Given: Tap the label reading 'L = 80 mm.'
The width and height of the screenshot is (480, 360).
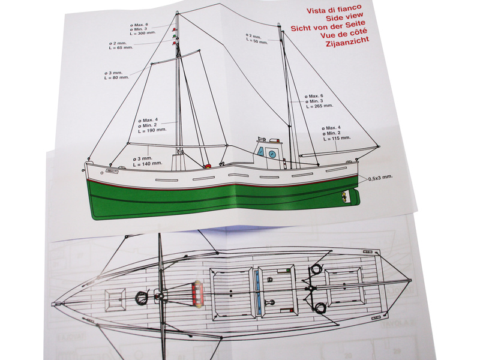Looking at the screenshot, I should coord(117,78).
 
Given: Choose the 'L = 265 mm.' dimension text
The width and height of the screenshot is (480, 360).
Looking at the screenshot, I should coord(319,106).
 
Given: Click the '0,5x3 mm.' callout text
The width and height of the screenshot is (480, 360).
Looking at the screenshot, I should coord(380,178).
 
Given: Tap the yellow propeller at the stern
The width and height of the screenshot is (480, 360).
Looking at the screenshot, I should coord(344,196).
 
